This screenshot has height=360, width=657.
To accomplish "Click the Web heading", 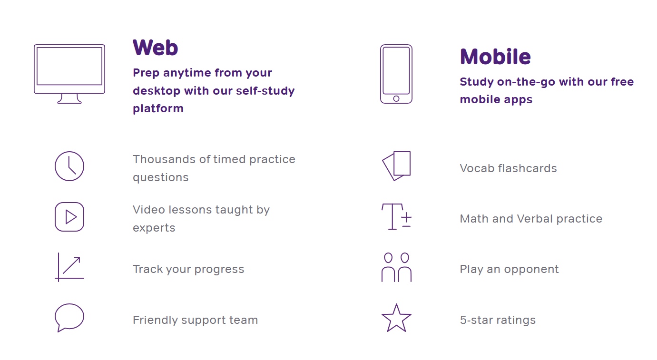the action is (155, 48).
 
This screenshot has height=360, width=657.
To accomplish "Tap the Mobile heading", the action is (495, 57).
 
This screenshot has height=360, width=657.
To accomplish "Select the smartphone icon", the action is (381, 74).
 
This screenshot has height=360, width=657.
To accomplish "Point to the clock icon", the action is (56, 166).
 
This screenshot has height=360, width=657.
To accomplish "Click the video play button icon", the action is (56, 217).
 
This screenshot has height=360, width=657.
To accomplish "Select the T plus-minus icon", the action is (392, 216).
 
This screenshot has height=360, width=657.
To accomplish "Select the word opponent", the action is (531, 270).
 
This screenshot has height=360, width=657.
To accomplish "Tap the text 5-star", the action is (477, 320).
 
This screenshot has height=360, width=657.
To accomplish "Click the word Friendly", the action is (155, 320).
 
